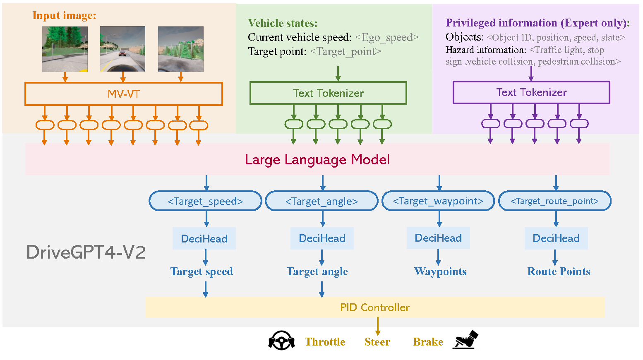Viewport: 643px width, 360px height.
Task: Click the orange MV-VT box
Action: pos(124,94)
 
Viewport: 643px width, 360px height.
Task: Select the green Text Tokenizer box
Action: pos(328,93)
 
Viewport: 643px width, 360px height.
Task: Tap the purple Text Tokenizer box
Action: pos(531,92)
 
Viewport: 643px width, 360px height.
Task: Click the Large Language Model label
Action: pos(317,160)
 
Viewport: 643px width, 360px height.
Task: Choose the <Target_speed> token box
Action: pos(205,201)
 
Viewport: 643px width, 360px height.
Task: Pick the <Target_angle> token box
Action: pos(321,201)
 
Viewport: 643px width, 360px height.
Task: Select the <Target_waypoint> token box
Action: pos(438,201)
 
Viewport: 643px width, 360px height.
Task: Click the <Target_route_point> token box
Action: pos(555,201)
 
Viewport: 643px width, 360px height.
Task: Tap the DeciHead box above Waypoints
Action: pos(438,238)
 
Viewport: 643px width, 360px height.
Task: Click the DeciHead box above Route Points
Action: pos(556,238)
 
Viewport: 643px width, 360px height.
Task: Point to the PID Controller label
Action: pos(375,307)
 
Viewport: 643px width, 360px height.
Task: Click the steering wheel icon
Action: pos(281,341)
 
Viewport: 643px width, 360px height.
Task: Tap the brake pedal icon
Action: pos(466,340)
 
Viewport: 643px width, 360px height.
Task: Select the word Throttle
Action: pos(325,342)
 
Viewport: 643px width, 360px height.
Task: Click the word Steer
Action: pos(377,342)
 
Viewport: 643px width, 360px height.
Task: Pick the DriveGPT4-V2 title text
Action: pos(86,252)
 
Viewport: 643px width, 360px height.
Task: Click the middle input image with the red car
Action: pos(122,49)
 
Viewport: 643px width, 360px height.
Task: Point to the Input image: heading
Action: pos(64,16)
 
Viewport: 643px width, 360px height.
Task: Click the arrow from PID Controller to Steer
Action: pos(377,326)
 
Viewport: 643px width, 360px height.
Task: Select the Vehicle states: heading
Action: pos(283,23)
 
